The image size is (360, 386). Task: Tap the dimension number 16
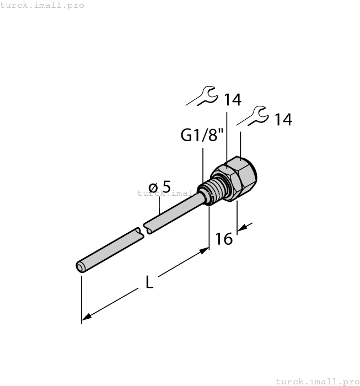(224, 239)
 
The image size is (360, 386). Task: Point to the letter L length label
(149, 282)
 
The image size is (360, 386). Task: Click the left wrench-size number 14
(232, 100)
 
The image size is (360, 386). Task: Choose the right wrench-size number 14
(283, 119)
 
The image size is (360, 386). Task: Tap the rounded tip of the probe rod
(80, 267)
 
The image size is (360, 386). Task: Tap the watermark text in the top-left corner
(42, 5)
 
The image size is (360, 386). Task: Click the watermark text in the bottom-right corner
(316, 381)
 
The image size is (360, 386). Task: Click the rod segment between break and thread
(176, 212)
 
